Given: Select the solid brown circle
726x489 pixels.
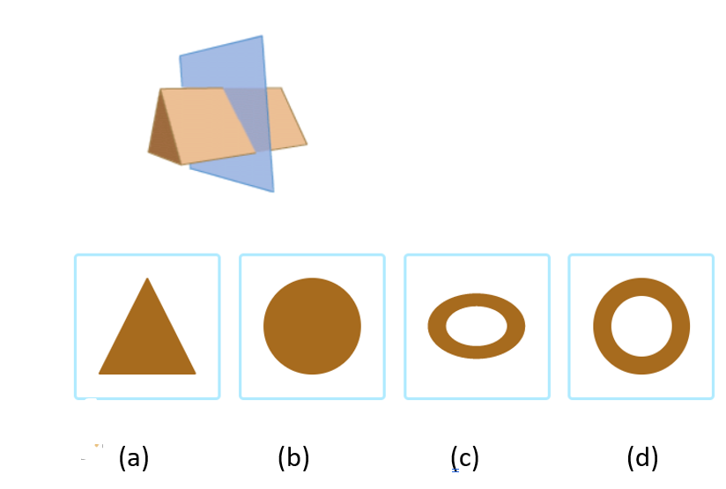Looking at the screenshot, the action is point(312,326).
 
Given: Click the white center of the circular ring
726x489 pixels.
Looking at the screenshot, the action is point(641,326).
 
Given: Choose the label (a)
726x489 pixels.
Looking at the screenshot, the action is point(134,458).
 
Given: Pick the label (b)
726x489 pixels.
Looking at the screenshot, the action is point(293,458).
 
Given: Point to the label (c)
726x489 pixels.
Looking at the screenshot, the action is point(464,458).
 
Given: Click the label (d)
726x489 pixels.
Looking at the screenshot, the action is point(642,458).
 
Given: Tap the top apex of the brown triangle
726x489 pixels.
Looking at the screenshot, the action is point(147,279).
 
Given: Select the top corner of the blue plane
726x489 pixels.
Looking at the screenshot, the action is point(262,37).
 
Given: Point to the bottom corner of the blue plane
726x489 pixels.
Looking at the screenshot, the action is point(272,190).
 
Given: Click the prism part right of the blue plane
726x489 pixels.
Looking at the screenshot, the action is point(286,119).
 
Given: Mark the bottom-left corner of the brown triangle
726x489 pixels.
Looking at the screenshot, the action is point(100,373).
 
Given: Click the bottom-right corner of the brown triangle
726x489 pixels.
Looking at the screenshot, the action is point(195,373).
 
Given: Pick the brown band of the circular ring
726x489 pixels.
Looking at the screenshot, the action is point(603,326).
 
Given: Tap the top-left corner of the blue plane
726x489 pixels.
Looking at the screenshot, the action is point(181,57).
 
